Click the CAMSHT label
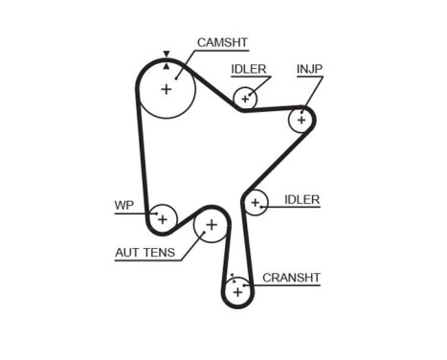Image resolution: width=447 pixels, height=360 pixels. [x=222, y=43]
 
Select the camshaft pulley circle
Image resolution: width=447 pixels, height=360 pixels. [x=167, y=89]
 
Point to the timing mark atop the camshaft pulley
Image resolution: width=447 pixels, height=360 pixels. [x=167, y=56]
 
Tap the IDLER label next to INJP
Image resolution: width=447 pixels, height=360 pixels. [x=249, y=69]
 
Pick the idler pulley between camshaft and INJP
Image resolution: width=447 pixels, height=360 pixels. [x=246, y=98]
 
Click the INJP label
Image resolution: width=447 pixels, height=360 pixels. [x=309, y=69]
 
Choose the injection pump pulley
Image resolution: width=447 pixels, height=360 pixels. [x=302, y=119]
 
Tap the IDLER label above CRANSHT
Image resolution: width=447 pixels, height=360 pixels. [x=302, y=200]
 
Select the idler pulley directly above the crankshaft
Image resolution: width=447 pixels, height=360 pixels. [x=256, y=202]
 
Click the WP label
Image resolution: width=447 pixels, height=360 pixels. [x=123, y=205]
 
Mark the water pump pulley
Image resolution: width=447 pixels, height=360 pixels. [x=162, y=218]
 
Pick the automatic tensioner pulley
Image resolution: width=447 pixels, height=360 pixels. [x=211, y=226]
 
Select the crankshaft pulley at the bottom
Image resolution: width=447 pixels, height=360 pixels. [x=237, y=289]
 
